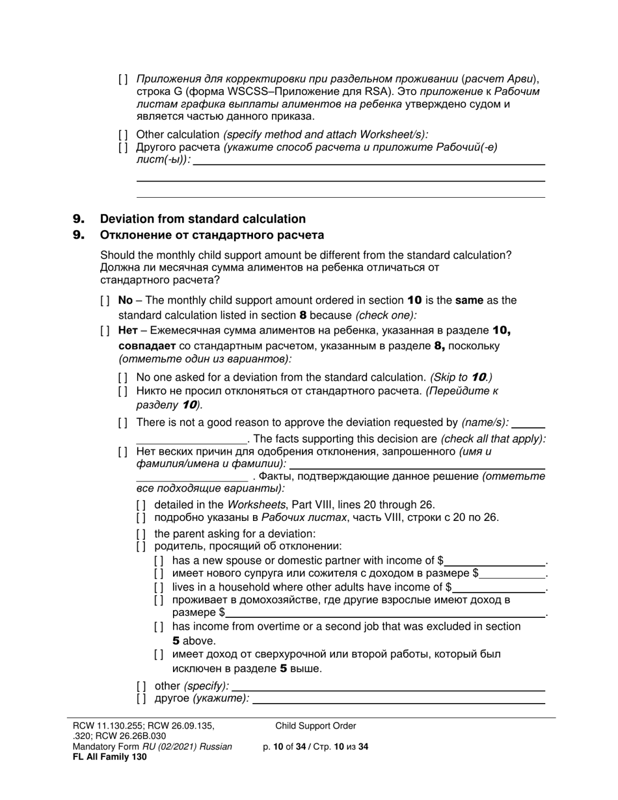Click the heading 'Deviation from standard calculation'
[x=202, y=219]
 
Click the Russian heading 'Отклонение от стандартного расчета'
[x=211, y=235]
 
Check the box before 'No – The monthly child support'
[x=105, y=300]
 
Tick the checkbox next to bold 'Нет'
[x=105, y=330]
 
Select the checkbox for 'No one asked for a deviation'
[x=124, y=377]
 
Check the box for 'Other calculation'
[x=124, y=135]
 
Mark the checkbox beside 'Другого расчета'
[x=124, y=147]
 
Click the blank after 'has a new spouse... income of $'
[x=495, y=561]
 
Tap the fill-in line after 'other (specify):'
[x=388, y=686]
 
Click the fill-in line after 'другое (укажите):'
[x=398, y=699]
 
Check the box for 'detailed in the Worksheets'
[x=141, y=505]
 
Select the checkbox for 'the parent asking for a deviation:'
[x=141, y=534]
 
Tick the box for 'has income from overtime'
[x=159, y=626]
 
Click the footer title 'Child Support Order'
[x=316, y=726]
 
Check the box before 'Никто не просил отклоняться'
[x=124, y=392]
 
